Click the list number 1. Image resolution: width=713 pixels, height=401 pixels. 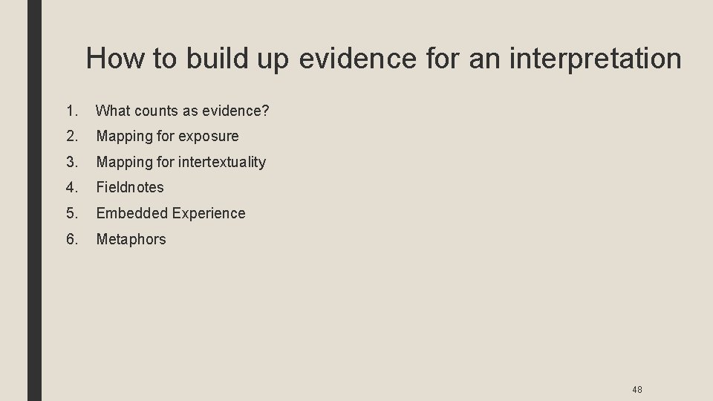point(71,111)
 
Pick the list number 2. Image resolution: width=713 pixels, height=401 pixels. point(71,136)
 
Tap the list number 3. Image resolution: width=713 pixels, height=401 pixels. point(71,162)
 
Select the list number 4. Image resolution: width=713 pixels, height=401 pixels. point(71,187)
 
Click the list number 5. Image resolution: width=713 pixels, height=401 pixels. point(71,213)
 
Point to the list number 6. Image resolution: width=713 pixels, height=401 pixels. point(71,239)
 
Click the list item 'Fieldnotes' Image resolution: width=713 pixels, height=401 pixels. point(130,187)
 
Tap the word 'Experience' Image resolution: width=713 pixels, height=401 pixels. point(209,213)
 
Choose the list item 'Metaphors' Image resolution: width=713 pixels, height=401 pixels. point(131,239)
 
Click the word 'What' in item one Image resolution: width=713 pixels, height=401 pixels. point(113,111)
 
